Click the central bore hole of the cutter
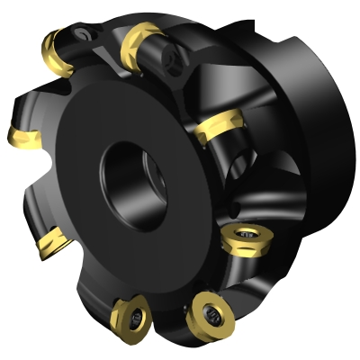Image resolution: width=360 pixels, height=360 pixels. coord(128,168)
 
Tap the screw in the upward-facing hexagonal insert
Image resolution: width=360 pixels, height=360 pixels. coord(244,238)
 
